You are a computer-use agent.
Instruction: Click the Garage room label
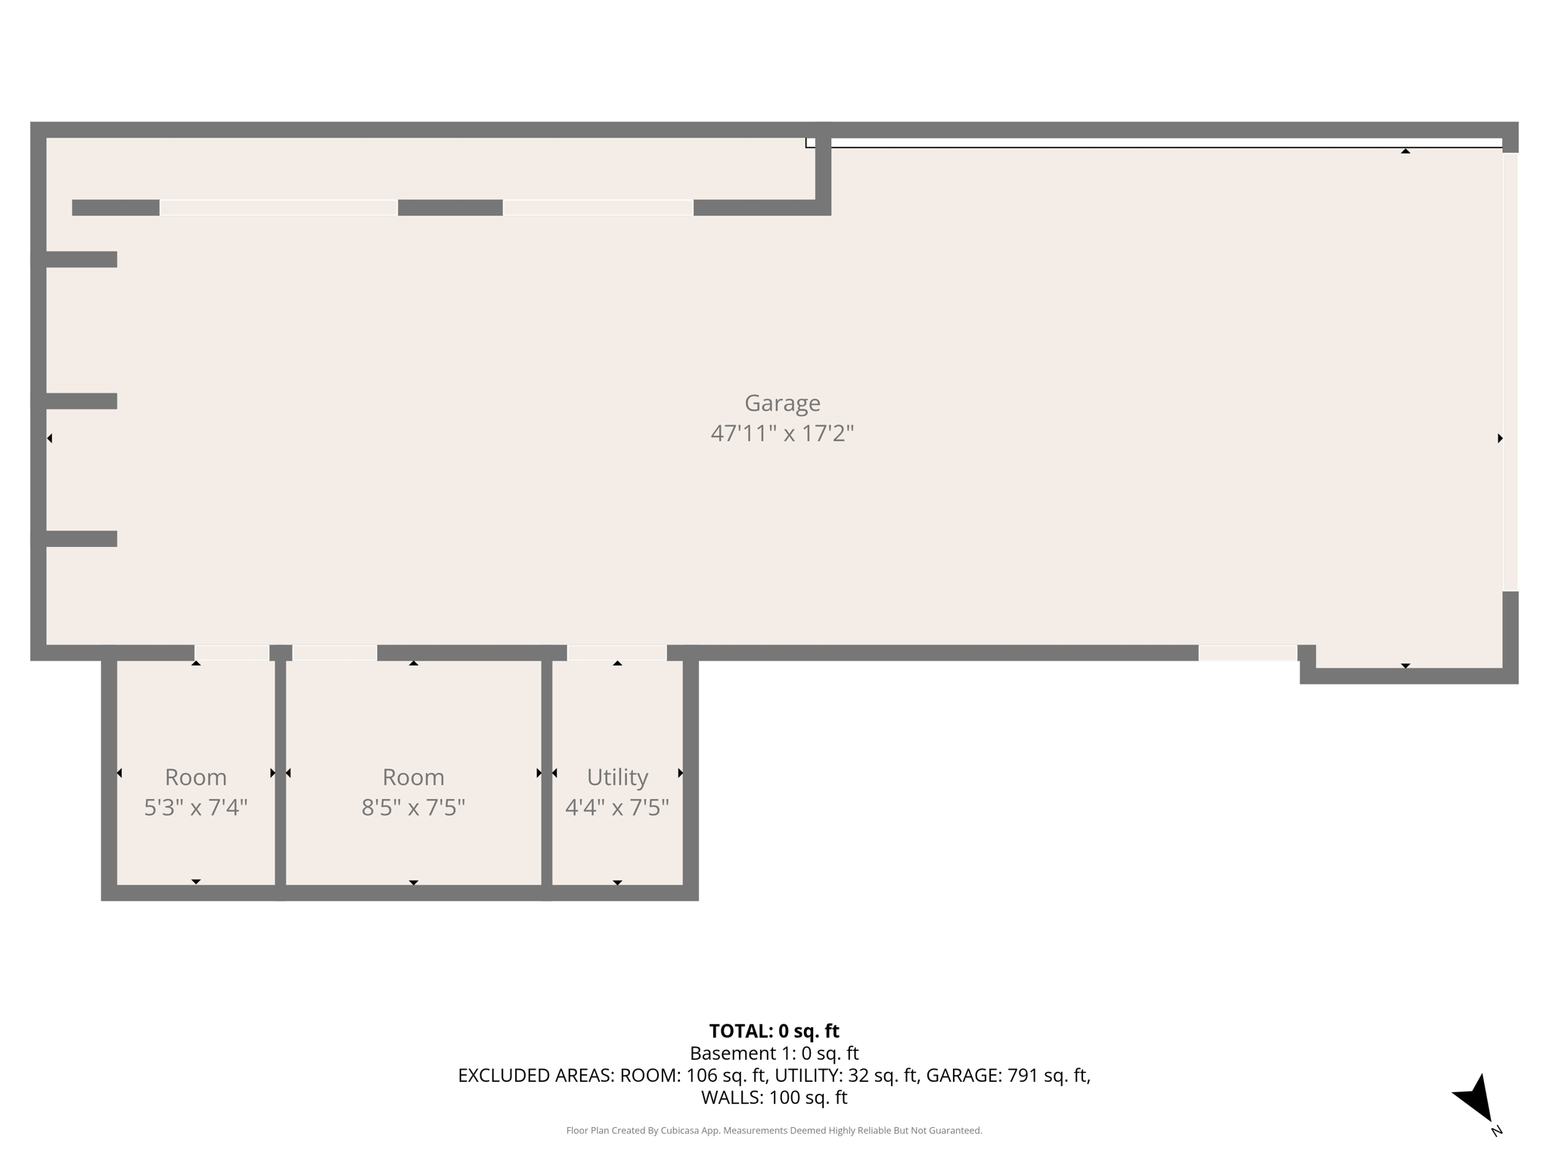[782, 403]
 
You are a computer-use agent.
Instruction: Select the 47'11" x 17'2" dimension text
[782, 433]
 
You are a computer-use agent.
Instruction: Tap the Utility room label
[617, 777]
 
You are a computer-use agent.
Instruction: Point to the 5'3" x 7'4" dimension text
[196, 808]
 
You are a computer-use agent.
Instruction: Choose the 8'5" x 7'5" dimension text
[413, 808]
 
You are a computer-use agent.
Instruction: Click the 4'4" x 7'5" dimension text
[617, 808]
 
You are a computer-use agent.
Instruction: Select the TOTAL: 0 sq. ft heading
[774, 1031]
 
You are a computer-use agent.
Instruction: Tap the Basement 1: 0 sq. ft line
[774, 1053]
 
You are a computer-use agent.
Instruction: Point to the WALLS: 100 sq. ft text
[774, 1098]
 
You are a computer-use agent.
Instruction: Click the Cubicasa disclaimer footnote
[774, 1131]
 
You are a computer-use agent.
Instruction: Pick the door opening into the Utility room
[616, 653]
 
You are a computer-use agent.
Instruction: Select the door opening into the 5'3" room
[231, 653]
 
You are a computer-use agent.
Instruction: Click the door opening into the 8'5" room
[334, 653]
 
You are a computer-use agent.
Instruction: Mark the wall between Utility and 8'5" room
[547, 772]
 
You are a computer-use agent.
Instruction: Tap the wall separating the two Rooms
[280, 772]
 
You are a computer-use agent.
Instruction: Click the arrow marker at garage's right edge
[1500, 438]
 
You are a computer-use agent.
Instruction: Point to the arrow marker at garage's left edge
[50, 438]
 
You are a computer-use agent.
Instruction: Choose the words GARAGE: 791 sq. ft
[1007, 1076]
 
